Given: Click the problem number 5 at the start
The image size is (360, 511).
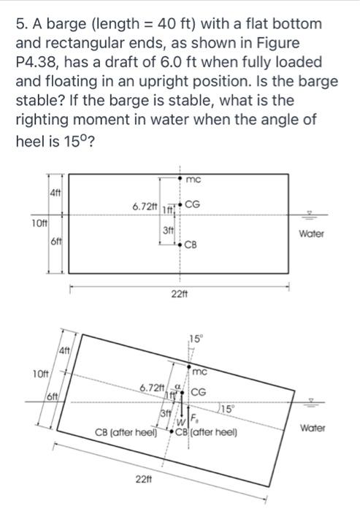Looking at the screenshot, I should (20, 24).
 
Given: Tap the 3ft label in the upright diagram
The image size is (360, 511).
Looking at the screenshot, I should (167, 230).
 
